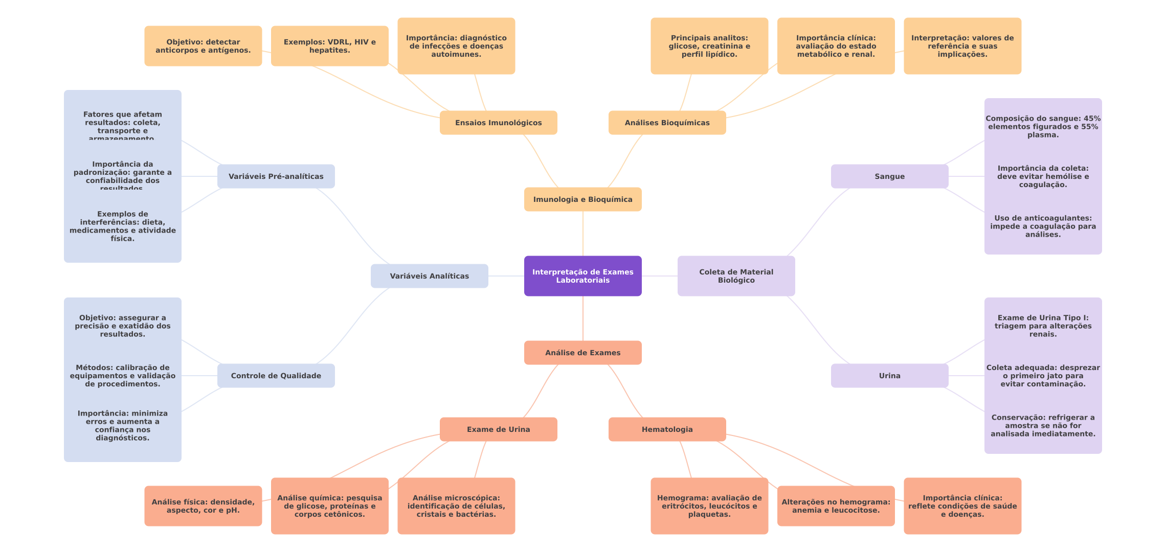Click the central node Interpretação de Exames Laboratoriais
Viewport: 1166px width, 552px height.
coord(582,276)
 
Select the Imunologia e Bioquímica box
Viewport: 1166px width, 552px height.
coord(582,199)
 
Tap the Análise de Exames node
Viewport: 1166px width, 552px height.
coord(582,353)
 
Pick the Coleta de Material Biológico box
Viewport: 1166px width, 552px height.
coord(736,276)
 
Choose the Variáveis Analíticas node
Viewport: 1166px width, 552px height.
coord(429,276)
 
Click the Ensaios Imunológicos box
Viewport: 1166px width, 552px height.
coord(498,123)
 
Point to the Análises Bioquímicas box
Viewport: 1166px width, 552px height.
coord(667,123)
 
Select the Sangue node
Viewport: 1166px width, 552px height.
coord(889,176)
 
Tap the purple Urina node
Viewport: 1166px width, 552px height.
coord(889,376)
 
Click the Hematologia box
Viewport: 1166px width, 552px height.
coord(667,429)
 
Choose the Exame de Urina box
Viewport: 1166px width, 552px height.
coord(498,429)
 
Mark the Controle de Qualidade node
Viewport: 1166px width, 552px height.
coord(276,376)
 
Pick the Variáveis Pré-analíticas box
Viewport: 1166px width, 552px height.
coord(276,176)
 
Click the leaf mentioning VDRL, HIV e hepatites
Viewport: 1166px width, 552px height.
coord(329,46)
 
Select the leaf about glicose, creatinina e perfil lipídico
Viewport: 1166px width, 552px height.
coord(709,46)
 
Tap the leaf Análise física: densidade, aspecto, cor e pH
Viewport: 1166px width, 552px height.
coord(203,506)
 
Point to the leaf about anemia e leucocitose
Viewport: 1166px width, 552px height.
coord(836,506)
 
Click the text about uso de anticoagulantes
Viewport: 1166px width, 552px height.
coord(1043,226)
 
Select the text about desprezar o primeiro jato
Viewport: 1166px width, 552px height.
coord(1043,376)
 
